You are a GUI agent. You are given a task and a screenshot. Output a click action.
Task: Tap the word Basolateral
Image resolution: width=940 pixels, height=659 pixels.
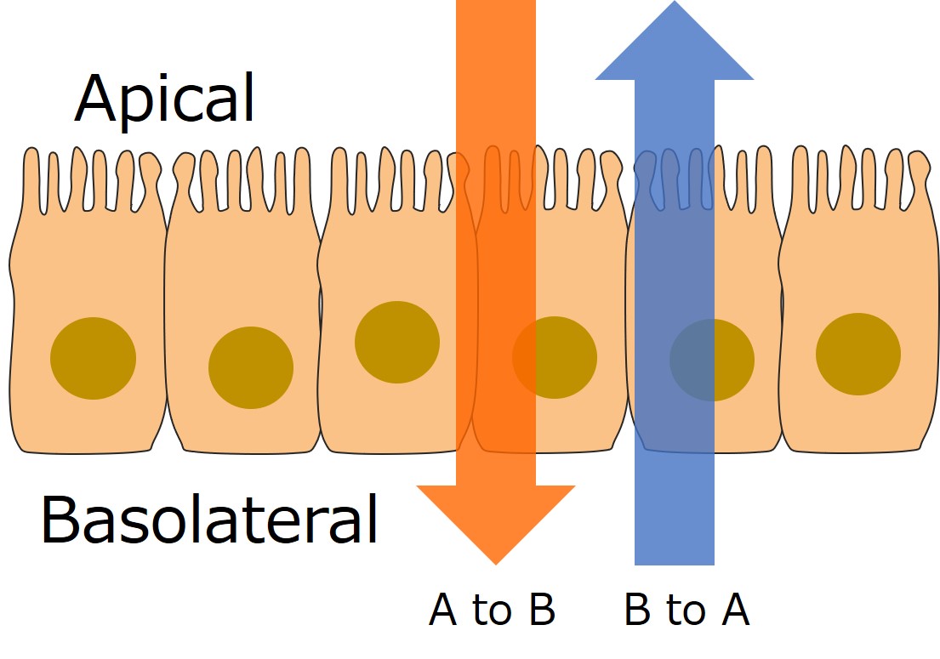tap(209, 520)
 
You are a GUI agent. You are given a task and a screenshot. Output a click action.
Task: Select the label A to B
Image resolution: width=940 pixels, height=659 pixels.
tap(493, 610)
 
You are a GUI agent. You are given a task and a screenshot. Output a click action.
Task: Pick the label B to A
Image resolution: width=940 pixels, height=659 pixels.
tap(686, 610)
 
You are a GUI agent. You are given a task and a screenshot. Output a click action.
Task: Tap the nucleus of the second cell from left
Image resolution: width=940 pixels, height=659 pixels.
tap(251, 367)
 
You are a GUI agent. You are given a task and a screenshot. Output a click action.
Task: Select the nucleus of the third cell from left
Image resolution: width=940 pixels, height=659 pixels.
tap(397, 342)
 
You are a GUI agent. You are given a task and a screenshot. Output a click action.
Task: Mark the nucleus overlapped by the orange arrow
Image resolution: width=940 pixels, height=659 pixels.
tap(554, 357)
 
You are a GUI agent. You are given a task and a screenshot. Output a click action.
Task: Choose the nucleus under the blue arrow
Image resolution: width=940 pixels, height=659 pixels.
tap(712, 360)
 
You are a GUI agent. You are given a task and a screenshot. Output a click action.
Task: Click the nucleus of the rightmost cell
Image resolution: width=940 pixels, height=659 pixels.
tap(858, 354)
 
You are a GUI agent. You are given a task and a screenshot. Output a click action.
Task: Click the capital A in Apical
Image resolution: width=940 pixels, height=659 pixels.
tap(97, 99)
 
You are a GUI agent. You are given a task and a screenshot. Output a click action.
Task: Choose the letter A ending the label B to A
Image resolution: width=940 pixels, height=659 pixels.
tap(734, 610)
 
